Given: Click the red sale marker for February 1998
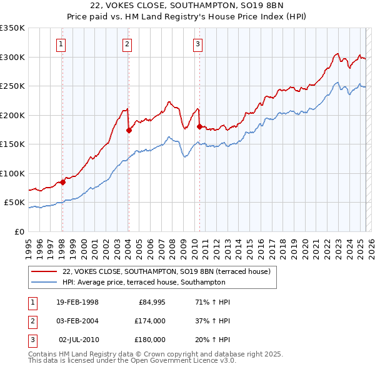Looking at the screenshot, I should [x=62, y=182].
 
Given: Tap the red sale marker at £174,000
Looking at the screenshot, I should [x=128, y=130].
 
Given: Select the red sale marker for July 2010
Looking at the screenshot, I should [x=199, y=126].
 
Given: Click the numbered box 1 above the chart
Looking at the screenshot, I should [x=62, y=44].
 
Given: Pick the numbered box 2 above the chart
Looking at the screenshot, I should [x=127, y=44].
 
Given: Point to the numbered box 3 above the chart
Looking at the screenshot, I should [x=197, y=44].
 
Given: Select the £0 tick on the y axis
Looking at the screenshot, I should [x=19, y=231].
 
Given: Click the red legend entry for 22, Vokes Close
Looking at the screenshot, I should [x=166, y=271].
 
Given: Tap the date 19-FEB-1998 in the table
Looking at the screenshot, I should [x=77, y=303].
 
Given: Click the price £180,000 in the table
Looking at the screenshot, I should [x=149, y=339].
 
